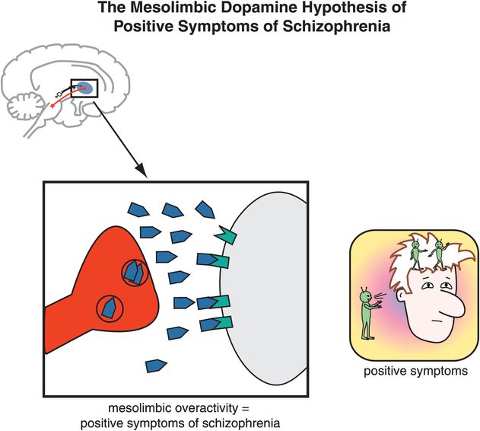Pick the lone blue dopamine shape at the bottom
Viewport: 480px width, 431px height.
click(x=156, y=366)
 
